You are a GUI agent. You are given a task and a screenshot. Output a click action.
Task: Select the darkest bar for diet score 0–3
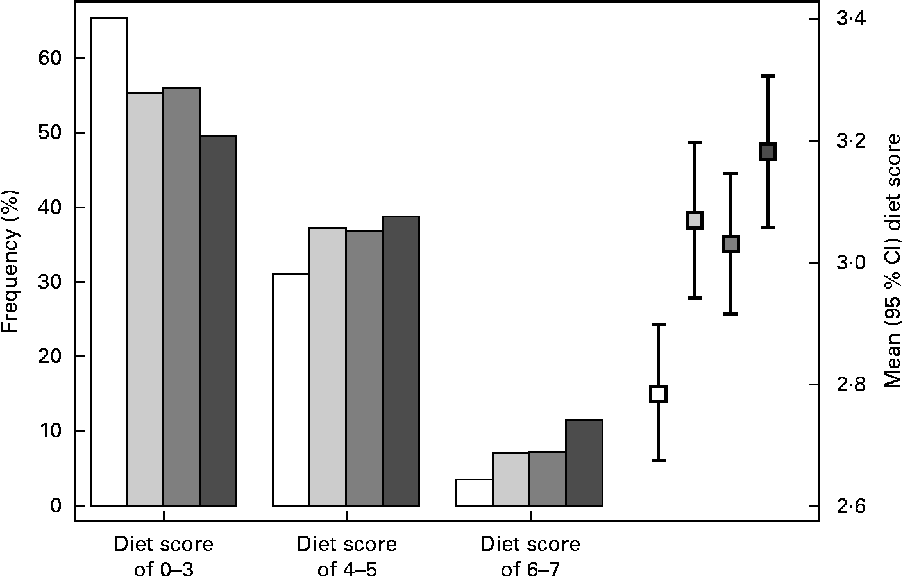(x=218, y=321)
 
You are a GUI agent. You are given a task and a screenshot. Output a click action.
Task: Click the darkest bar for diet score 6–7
(x=584, y=463)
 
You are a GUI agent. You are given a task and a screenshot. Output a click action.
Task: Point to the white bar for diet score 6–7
(x=474, y=493)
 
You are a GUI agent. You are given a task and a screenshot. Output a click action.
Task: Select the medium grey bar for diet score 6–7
(x=547, y=479)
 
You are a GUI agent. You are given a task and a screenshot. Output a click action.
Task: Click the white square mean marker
(x=659, y=394)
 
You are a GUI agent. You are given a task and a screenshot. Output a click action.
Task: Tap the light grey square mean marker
(x=695, y=220)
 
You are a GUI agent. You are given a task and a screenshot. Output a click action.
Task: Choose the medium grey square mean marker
(x=731, y=244)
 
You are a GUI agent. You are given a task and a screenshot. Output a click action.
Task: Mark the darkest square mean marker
(x=768, y=151)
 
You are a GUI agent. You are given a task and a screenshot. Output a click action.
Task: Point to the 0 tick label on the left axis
(x=56, y=506)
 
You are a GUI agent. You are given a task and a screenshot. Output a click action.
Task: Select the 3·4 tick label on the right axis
(x=851, y=19)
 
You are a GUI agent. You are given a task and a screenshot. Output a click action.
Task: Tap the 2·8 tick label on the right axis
(x=851, y=385)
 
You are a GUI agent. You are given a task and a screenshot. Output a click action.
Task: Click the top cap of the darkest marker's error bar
(x=768, y=76)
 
